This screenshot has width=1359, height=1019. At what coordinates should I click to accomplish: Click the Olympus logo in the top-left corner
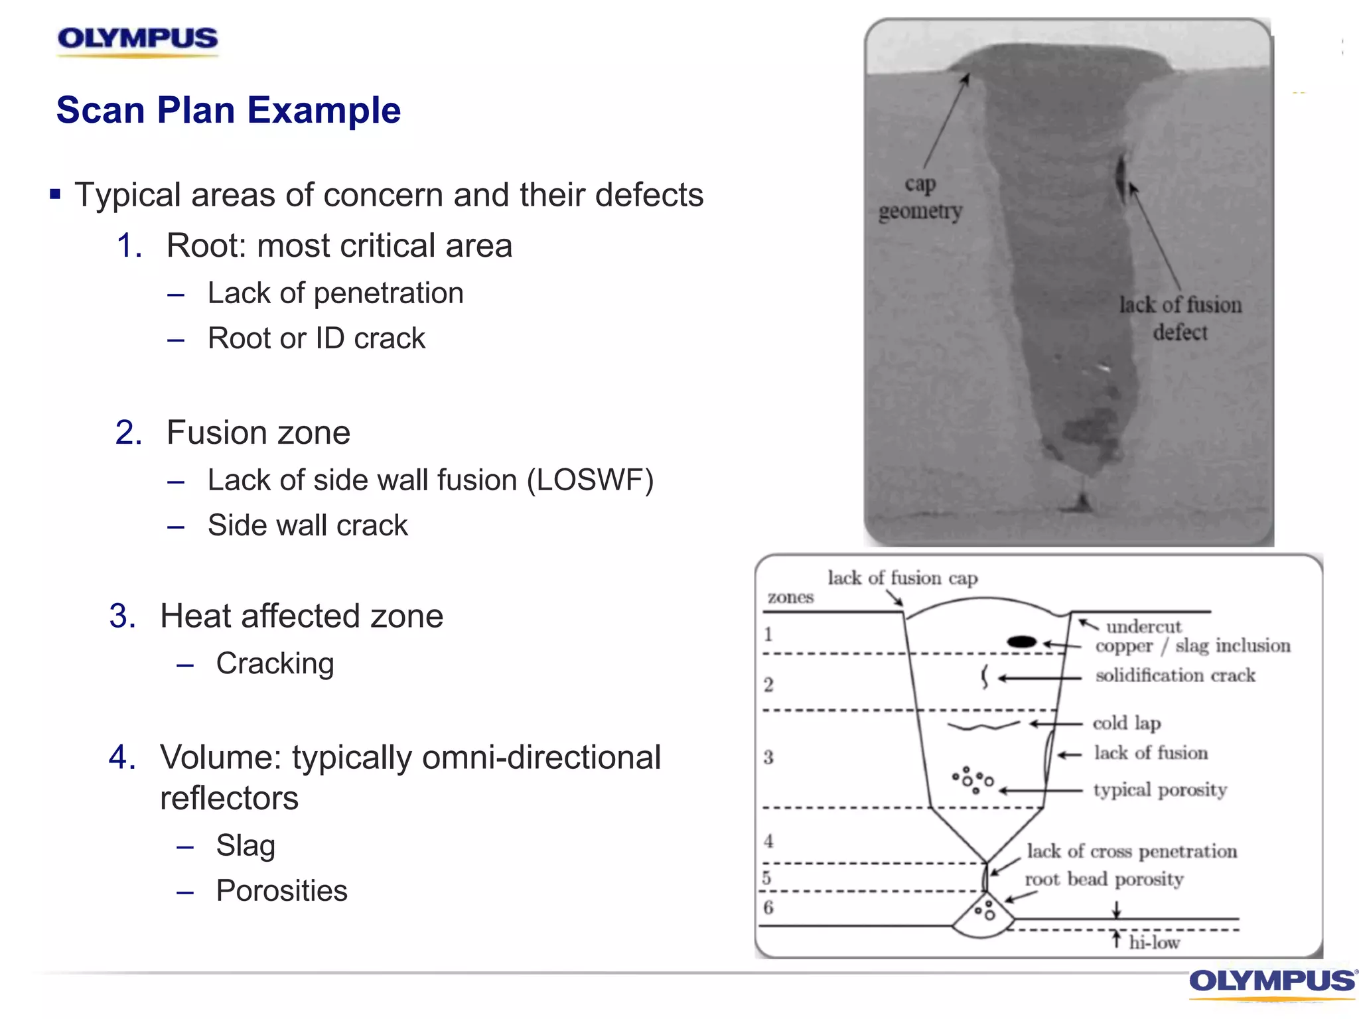point(137,39)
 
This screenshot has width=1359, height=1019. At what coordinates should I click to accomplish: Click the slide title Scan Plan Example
point(228,110)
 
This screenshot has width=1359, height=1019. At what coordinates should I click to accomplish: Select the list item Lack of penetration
point(335,293)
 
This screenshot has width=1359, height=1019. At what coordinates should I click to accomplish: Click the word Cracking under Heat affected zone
point(275,663)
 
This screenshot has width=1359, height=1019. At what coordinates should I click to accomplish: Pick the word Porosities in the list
point(281,891)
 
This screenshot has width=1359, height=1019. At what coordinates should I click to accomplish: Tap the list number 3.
point(122,616)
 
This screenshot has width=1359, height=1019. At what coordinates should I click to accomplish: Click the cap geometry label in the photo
point(920,198)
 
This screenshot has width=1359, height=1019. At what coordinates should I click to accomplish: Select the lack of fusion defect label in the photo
point(1180,318)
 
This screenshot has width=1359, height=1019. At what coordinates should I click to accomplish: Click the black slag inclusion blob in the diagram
point(1021,642)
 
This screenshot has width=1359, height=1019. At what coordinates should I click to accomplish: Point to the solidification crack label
point(1175,675)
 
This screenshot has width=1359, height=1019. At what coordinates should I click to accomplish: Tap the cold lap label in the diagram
point(1126,723)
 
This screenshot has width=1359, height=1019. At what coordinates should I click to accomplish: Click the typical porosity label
point(1160,790)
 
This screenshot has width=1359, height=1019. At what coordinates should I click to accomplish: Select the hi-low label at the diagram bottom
point(1154,943)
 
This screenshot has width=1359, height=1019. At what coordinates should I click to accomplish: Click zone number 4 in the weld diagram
point(768,841)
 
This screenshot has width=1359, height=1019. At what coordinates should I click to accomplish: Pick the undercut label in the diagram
point(1143,626)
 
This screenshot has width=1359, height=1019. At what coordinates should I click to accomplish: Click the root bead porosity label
point(1104,880)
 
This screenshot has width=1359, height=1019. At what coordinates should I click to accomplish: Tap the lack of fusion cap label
point(902,578)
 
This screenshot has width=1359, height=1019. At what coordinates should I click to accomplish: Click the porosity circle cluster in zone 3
point(973,780)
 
